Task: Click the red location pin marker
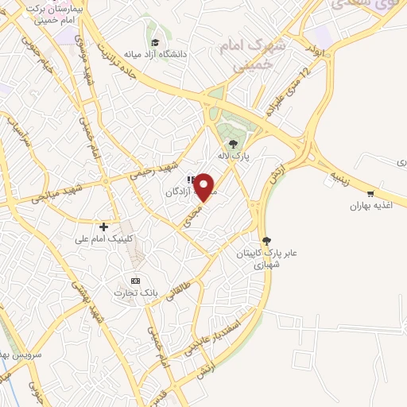205,186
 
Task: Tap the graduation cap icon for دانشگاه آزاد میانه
154,42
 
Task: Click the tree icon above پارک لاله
233,144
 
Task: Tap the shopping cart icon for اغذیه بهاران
370,193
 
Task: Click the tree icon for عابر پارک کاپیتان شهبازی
266,240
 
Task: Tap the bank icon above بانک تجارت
134,280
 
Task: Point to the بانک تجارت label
136,293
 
